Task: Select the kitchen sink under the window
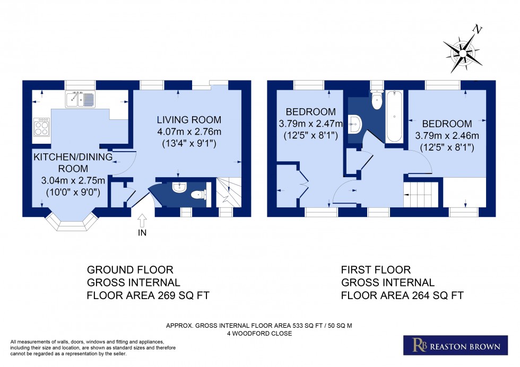coord(80,99)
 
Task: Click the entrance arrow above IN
coord(142,220)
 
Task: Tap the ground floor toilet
coord(198,195)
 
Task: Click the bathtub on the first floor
coord(394,117)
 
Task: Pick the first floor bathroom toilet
coord(377,101)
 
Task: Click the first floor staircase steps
coord(422,194)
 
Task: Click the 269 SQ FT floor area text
coord(144,295)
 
